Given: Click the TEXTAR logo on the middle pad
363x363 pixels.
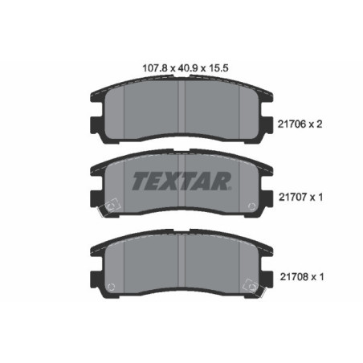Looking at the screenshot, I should [181, 177].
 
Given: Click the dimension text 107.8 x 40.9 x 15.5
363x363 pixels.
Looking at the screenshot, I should [181, 68].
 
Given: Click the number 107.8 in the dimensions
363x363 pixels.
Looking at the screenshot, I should [144, 68].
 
